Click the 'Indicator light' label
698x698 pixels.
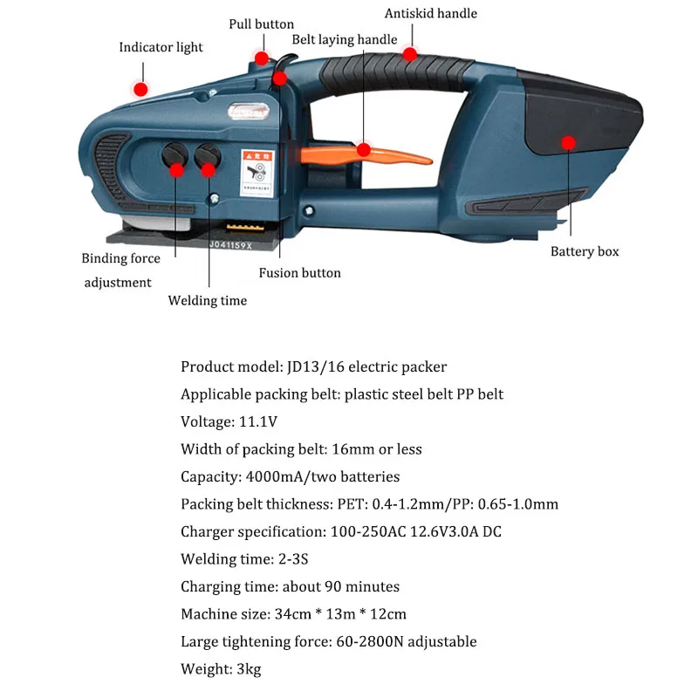(161, 47)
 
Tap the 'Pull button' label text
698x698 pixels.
(261, 24)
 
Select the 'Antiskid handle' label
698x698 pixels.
(431, 13)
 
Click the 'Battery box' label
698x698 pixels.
(585, 251)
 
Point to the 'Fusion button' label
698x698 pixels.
(299, 273)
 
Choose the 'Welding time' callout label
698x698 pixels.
(208, 300)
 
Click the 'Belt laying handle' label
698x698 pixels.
(344, 39)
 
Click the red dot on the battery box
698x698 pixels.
(568, 142)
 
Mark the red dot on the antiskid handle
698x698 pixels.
(408, 55)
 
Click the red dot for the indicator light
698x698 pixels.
(140, 88)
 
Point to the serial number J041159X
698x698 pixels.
(229, 246)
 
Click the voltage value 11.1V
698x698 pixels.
(258, 422)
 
